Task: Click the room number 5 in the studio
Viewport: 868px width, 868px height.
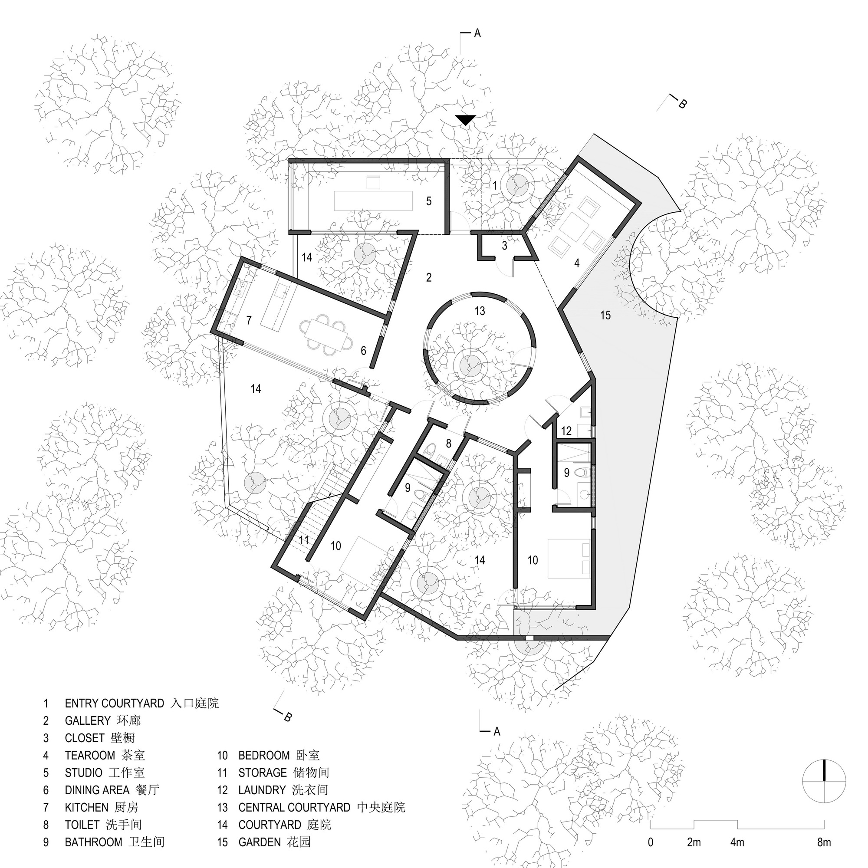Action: tap(429, 201)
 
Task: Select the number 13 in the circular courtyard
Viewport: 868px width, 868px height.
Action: tap(480, 310)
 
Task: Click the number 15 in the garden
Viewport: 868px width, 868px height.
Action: tap(605, 315)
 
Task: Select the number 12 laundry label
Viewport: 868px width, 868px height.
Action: tap(566, 431)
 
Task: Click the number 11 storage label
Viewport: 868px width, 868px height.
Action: tap(304, 539)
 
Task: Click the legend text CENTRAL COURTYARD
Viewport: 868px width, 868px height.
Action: tap(294, 807)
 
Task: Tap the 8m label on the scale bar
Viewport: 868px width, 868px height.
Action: tap(824, 842)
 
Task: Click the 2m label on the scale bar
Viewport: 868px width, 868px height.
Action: tap(694, 842)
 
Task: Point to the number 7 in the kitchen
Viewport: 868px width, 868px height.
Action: tap(248, 320)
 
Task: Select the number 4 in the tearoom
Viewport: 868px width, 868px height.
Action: tap(577, 263)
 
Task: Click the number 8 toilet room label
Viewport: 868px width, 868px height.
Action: tap(448, 444)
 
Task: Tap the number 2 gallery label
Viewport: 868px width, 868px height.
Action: tap(429, 277)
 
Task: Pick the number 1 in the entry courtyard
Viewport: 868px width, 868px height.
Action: tap(494, 185)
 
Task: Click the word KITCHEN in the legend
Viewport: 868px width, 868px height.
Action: tap(87, 807)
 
